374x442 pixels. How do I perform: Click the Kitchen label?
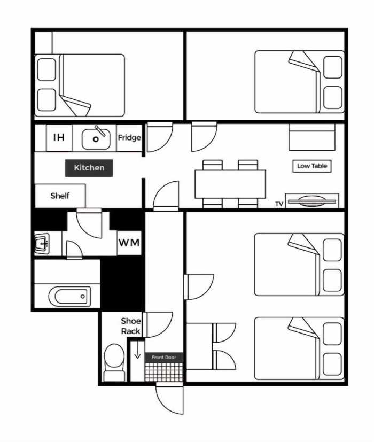click(89, 168)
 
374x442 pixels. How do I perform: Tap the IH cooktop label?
click(59, 137)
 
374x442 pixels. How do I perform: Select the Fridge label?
click(129, 138)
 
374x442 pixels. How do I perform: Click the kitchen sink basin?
click(96, 138)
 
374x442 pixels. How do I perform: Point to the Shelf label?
click(60, 196)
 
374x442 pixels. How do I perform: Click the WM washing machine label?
click(129, 243)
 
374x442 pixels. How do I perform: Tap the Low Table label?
click(312, 166)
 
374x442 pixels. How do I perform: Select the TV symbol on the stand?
click(312, 201)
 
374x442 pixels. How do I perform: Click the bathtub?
click(70, 297)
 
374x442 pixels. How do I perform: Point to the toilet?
click(114, 362)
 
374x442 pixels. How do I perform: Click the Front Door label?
click(163, 358)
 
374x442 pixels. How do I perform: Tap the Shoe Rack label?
click(131, 326)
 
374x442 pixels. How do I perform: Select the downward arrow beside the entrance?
click(137, 350)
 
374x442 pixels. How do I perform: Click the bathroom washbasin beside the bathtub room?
click(42, 243)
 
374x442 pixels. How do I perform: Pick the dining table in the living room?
click(230, 184)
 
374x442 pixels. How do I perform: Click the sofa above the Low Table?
click(312, 137)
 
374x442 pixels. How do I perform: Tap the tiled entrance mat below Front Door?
click(164, 372)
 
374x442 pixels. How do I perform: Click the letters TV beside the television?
click(279, 204)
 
